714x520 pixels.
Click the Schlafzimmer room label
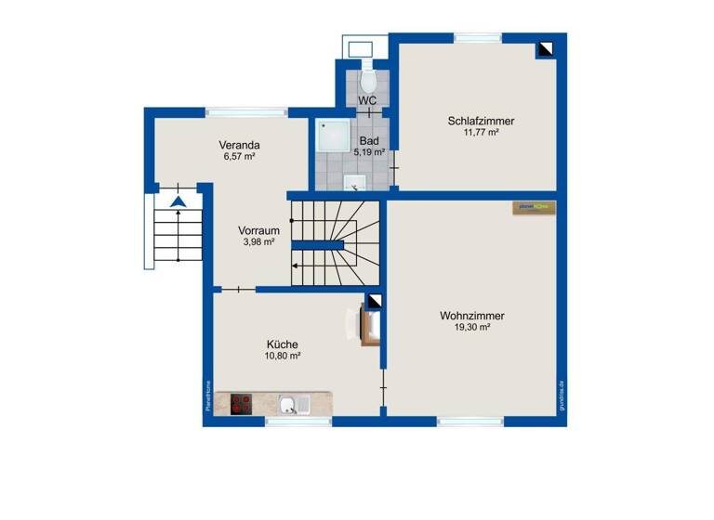pos(481,121)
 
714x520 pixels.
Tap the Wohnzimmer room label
pos(471,316)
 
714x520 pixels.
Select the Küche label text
pos(281,344)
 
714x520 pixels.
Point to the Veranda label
pos(239,145)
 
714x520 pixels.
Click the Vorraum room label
pos(258,230)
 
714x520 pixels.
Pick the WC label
pos(367,99)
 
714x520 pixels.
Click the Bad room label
pos(368,141)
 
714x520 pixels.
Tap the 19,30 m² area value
pos(471,327)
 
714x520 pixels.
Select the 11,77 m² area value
pos(481,133)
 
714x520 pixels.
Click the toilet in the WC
pos(367,70)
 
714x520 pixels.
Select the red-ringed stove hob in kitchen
pos(242,404)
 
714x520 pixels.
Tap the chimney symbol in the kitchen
pos(374,302)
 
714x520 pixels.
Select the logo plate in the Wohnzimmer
pos(534,208)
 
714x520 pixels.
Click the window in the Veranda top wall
pos(245,112)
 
